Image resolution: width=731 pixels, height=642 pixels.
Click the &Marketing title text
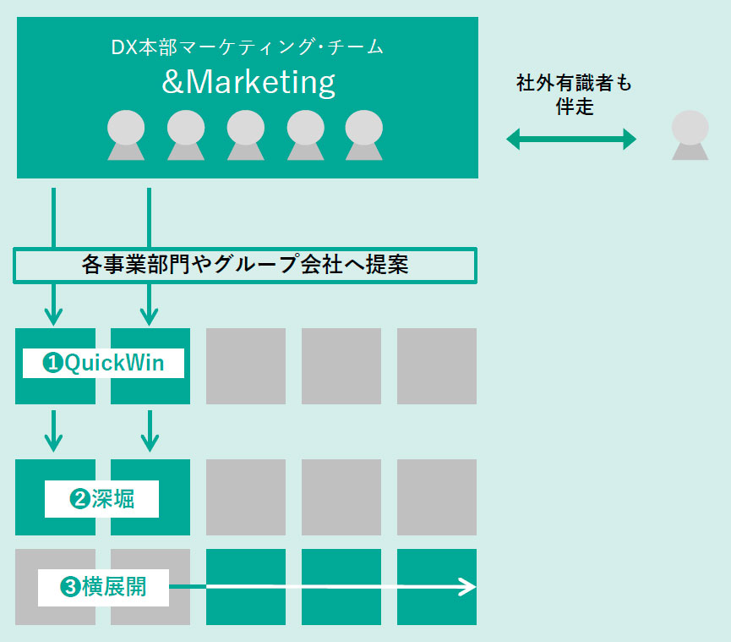(x=248, y=82)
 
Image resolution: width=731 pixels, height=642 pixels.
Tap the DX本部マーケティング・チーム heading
(x=248, y=47)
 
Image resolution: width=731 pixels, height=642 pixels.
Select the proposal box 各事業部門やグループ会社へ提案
(x=246, y=265)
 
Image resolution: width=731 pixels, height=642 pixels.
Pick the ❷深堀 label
(x=101, y=499)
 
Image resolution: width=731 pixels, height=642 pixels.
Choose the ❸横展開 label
(x=103, y=586)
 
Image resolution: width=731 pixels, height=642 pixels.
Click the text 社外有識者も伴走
(x=574, y=96)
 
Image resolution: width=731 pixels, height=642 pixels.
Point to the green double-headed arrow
(x=571, y=139)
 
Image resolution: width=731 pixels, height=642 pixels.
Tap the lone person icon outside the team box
(x=690, y=135)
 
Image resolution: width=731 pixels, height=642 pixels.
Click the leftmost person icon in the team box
(x=126, y=135)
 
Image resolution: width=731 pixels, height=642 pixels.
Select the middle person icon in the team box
(x=246, y=135)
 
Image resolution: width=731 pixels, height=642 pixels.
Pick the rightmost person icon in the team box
(x=364, y=135)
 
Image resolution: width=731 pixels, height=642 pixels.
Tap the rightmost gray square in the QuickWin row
(x=437, y=366)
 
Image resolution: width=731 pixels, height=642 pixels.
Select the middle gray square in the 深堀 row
(x=341, y=497)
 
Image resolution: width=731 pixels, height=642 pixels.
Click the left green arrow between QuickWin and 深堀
(x=54, y=431)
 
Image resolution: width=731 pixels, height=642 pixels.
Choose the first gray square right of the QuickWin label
(x=246, y=366)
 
